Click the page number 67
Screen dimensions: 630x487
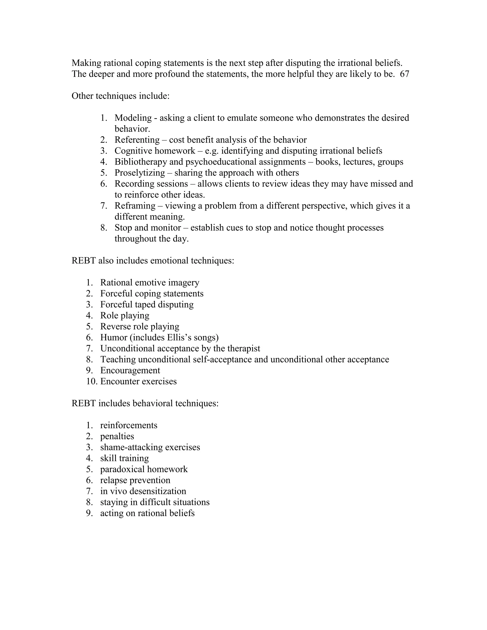(404, 74)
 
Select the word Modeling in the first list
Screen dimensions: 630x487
(133, 118)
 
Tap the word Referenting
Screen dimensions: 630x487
(137, 140)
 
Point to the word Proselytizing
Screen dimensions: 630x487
(140, 173)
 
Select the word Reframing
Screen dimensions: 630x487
(135, 206)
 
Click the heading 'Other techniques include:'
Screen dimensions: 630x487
(121, 96)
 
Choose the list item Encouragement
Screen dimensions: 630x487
(130, 370)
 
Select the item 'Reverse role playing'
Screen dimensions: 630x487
(140, 327)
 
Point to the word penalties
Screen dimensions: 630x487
(117, 436)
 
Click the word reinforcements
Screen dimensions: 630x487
(129, 425)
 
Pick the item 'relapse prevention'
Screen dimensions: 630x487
(135, 480)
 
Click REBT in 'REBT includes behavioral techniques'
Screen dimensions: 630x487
(84, 403)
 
